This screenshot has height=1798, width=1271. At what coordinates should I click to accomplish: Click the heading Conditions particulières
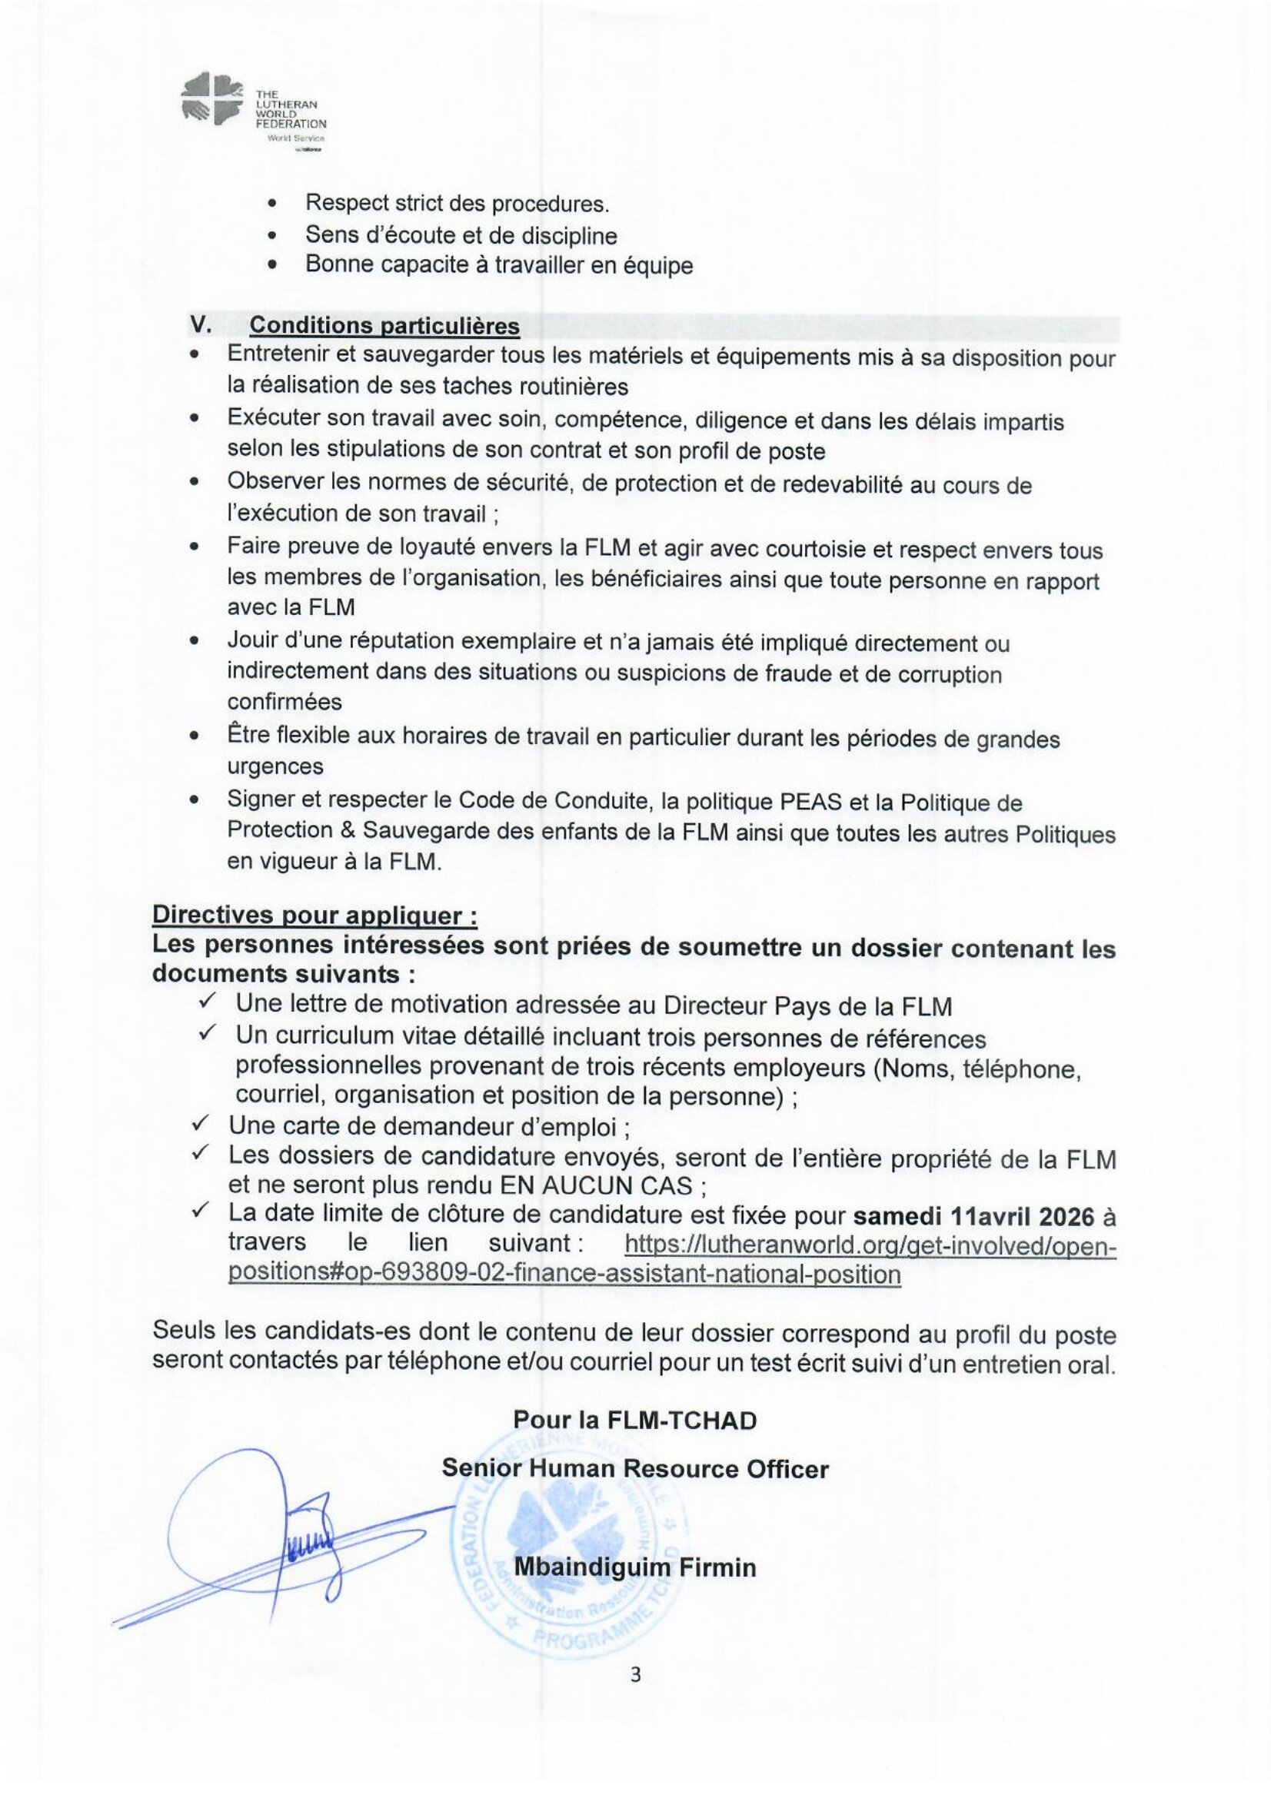point(384,325)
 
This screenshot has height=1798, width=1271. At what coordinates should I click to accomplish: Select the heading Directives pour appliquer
point(314,916)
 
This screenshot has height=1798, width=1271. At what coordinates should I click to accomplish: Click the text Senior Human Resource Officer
point(634,1468)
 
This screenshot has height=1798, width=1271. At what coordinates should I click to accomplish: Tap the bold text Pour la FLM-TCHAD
point(634,1420)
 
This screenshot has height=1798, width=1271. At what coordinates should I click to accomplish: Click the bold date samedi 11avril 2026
point(973,1215)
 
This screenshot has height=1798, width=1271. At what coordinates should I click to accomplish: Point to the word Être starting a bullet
point(248,736)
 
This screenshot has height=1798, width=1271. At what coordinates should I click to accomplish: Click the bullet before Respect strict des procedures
point(272,204)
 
